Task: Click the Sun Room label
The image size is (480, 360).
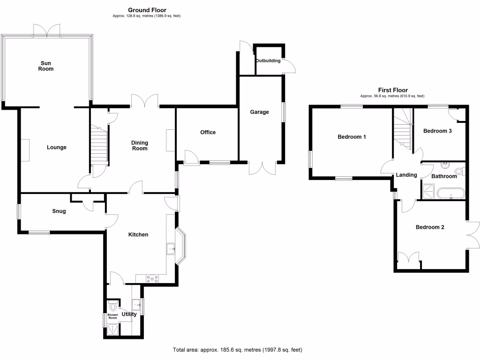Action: [46, 66]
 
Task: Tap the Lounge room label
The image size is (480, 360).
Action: [57, 147]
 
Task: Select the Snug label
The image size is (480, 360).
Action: [59, 211]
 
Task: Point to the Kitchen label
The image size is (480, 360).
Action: [138, 234]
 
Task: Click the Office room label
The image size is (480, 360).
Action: [208, 132]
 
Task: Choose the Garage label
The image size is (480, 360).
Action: [259, 112]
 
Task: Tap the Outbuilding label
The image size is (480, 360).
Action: [268, 61]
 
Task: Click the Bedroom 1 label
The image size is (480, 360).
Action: [352, 137]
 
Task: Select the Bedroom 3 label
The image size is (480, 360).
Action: [437, 131]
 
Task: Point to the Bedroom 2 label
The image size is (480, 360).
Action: [430, 227]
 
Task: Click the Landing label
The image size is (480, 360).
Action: [406, 175]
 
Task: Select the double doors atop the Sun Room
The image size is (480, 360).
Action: [47, 30]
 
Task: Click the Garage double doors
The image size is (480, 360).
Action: [263, 168]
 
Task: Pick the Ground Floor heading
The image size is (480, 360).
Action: [147, 10]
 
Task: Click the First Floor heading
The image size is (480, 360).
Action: [393, 90]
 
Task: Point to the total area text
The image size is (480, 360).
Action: [240, 350]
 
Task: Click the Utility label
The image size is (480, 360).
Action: [129, 314]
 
